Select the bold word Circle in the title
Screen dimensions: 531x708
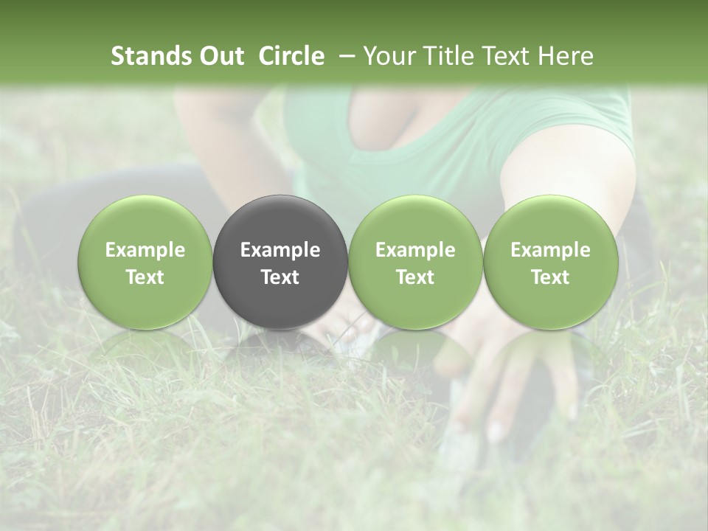[291, 56]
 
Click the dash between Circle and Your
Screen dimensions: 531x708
[345, 56]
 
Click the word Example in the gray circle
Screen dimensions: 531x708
[280, 250]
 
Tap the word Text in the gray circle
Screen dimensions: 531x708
[280, 277]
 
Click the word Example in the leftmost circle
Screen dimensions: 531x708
[145, 250]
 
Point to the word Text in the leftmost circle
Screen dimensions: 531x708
[145, 277]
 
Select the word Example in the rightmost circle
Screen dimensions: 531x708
[550, 250]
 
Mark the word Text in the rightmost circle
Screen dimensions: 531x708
[550, 277]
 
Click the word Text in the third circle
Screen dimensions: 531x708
[415, 277]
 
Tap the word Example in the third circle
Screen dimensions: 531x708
[415, 250]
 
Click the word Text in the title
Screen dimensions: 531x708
[509, 56]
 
